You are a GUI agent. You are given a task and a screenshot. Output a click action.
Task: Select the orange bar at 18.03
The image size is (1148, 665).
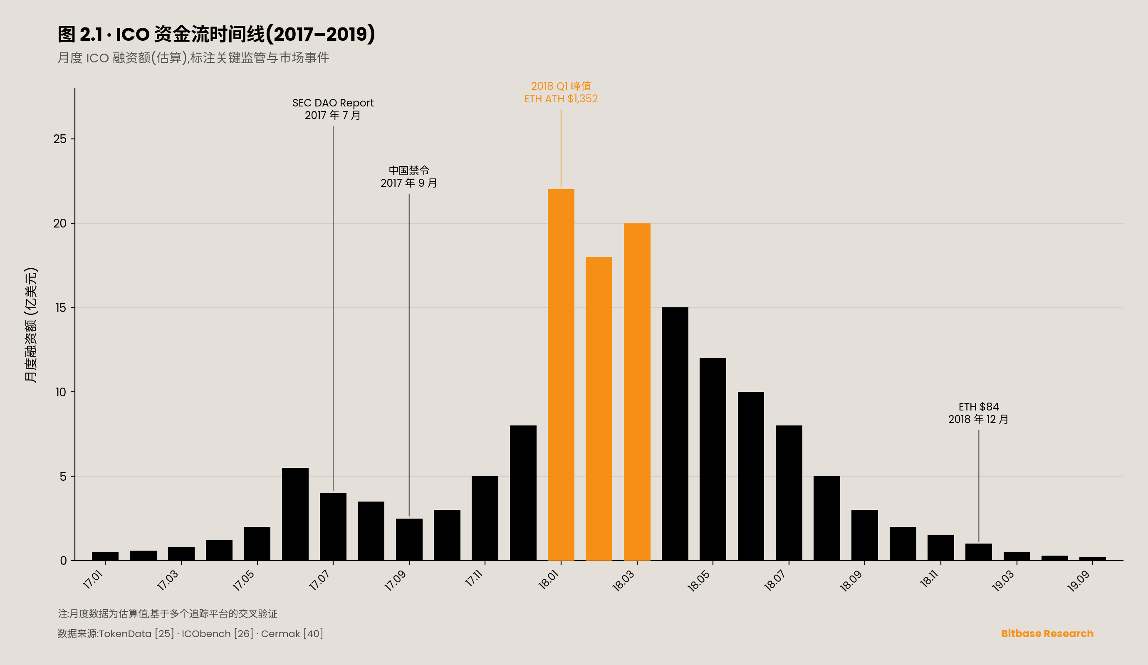637,392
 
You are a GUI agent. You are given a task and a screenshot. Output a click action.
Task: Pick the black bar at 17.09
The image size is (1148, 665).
409,539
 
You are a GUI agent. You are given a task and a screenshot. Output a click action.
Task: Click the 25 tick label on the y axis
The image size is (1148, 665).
59,139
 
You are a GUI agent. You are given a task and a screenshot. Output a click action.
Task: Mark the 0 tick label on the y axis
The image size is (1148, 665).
63,561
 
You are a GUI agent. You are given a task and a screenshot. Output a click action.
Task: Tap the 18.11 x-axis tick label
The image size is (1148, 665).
929,579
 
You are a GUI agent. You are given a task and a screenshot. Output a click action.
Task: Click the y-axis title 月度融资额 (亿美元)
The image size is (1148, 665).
30,325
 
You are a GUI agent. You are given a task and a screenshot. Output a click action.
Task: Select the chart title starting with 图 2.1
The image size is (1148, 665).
216,34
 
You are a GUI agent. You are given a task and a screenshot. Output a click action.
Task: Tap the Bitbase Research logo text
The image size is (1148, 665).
1047,633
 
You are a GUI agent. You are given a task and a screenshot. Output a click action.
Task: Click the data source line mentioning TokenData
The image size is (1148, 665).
190,633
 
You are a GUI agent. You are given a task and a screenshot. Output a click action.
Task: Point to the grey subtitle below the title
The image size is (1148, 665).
193,58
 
